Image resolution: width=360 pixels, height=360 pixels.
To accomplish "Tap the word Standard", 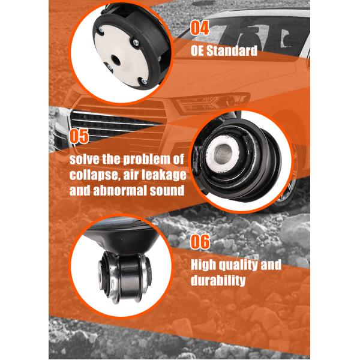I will point(232,50).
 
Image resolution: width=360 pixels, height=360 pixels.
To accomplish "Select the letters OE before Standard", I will point(198,50).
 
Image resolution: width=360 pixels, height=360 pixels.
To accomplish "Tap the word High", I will point(205,265).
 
